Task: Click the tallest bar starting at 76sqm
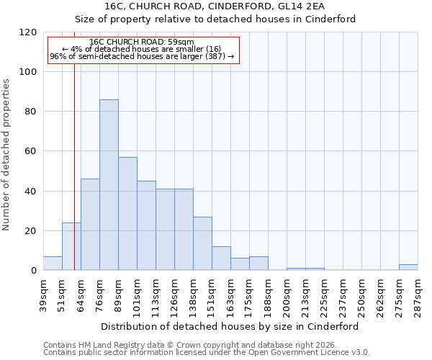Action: [109, 185]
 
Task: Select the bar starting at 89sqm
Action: [127, 214]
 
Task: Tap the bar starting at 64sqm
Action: [90, 225]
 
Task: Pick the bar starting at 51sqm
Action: [71, 246]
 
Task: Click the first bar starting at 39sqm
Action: [53, 264]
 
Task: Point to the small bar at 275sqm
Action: [408, 267]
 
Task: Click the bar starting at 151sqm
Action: [221, 258]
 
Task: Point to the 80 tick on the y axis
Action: [31, 112]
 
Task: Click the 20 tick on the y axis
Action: [31, 231]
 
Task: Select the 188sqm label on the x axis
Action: [268, 296]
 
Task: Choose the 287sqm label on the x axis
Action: [418, 296]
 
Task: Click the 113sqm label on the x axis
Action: [156, 296]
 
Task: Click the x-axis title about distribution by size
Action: [229, 326]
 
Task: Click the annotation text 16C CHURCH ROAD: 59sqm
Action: [142, 42]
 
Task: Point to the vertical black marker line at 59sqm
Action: [74, 180]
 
